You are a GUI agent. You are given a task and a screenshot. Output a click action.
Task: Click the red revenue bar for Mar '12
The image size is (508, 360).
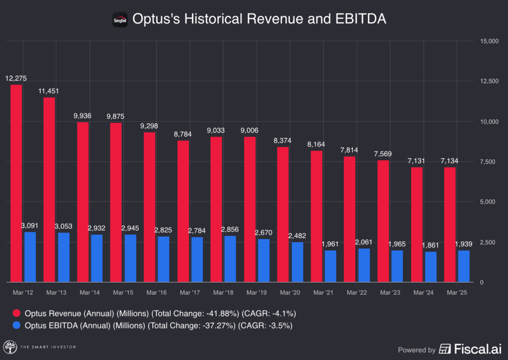16,183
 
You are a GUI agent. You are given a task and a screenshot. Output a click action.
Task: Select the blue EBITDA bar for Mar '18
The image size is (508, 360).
230,259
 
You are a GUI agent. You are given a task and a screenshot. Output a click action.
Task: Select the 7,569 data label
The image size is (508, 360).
383,154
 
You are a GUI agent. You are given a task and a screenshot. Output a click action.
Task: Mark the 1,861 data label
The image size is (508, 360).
430,245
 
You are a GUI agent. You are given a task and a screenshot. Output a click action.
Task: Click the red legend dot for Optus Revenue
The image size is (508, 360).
16,313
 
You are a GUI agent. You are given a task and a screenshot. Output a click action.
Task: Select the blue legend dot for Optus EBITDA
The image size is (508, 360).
16,325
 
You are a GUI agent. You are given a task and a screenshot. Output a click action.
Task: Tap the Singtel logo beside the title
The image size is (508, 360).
121,19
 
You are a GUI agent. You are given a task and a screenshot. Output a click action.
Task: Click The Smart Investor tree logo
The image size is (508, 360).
9,347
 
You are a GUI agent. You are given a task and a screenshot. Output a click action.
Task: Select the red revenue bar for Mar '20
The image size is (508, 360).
283,214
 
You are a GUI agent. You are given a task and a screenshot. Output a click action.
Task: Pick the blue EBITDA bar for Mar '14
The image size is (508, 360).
97,258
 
